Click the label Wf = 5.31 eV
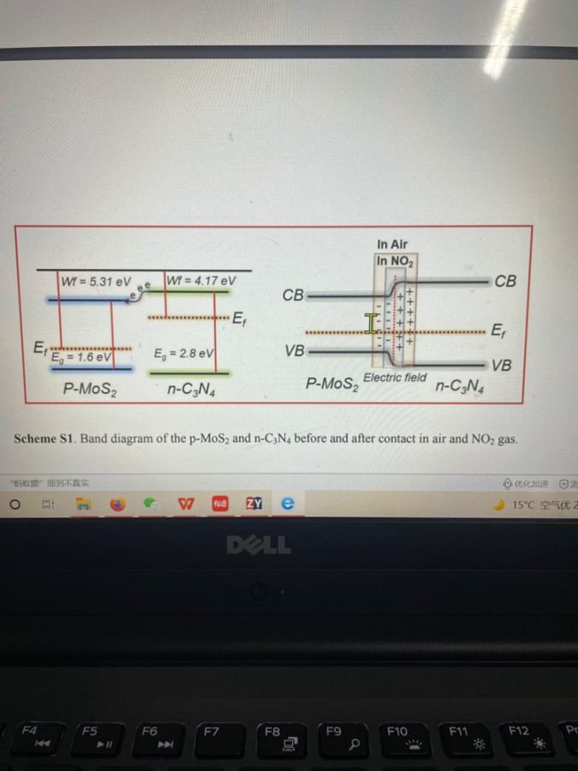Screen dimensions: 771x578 [96, 281]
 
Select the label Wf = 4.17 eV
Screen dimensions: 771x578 [200, 280]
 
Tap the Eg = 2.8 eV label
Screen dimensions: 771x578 [183, 352]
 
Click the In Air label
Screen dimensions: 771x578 [392, 244]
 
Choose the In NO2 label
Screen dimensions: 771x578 [395, 260]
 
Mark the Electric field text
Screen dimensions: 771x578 [395, 377]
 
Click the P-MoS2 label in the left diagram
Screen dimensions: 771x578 [90, 389]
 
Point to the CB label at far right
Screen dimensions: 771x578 [505, 281]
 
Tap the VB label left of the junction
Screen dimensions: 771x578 [294, 350]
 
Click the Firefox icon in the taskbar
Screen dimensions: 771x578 [116, 505]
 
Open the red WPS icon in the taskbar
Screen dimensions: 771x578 [186, 505]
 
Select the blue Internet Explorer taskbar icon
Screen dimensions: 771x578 [289, 505]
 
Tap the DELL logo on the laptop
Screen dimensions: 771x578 [259, 546]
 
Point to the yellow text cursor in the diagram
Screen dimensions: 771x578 [371, 323]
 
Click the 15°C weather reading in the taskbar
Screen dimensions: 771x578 [524, 505]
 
